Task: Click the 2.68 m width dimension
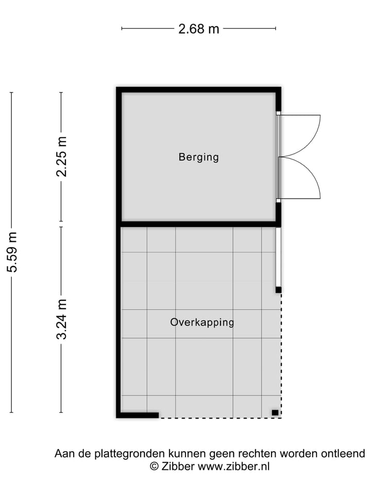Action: pos(198,29)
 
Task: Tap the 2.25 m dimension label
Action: pos(61,156)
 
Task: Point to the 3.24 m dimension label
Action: pos(61,319)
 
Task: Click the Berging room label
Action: pos(198,157)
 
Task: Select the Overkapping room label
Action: pos(202,323)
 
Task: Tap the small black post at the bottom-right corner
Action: pos(275,412)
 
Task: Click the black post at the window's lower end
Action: pos(278,290)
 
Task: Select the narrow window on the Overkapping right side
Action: pos(278,257)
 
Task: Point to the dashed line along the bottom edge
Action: pos(219,417)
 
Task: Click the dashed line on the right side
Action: pos(281,355)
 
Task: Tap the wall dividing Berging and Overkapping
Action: pos(198,224)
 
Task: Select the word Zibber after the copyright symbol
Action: pos(178,467)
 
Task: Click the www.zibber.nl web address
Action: pos(233,467)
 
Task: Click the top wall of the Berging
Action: pos(198,90)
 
